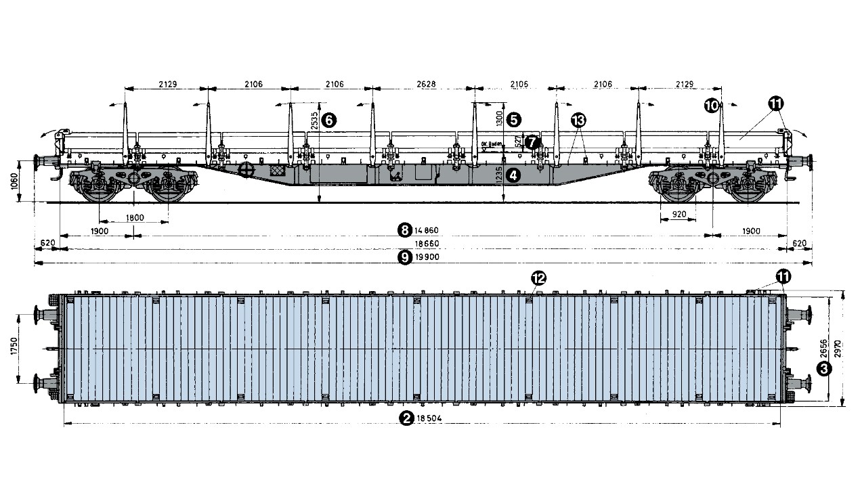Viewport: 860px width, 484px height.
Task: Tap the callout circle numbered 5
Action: pyautogui.click(x=514, y=120)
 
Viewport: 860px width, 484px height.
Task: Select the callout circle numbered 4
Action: pyautogui.click(x=514, y=175)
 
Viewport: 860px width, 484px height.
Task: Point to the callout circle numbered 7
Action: pyautogui.click(x=533, y=142)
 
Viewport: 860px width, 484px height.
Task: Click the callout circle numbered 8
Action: pyautogui.click(x=405, y=229)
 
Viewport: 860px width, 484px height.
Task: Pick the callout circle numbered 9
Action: pyautogui.click(x=405, y=257)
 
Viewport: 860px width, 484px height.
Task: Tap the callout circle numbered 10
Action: pyautogui.click(x=711, y=105)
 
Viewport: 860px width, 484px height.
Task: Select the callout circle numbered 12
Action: pyautogui.click(x=539, y=278)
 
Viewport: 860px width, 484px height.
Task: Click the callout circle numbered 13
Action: pyautogui.click(x=578, y=120)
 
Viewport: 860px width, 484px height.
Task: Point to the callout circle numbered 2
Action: pyautogui.click(x=406, y=419)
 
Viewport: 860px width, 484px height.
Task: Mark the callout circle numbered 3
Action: pyautogui.click(x=824, y=368)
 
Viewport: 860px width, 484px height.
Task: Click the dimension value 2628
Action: pyautogui.click(x=426, y=85)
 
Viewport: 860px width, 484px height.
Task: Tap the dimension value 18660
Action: pyautogui.click(x=427, y=243)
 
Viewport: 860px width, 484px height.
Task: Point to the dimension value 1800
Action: pyautogui.click(x=135, y=217)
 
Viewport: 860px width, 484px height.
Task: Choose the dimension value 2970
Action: pyautogui.click(x=838, y=349)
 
